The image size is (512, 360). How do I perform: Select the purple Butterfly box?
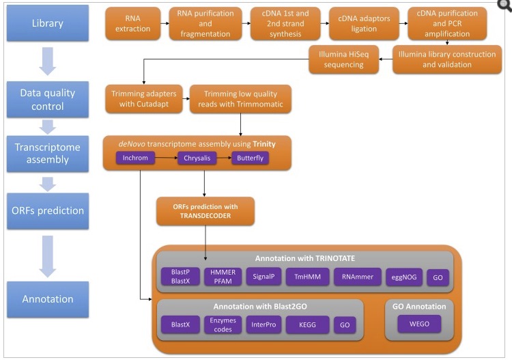click(x=250, y=158)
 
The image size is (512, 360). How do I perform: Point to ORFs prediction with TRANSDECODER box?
click(x=205, y=211)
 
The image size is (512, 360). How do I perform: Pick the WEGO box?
click(x=419, y=324)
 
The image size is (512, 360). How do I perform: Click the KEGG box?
click(x=308, y=324)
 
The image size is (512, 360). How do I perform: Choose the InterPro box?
click(x=262, y=324)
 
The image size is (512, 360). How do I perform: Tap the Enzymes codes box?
click(x=223, y=324)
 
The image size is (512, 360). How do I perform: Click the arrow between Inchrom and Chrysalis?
click(x=168, y=158)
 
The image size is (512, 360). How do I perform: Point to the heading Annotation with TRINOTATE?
click(x=304, y=259)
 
